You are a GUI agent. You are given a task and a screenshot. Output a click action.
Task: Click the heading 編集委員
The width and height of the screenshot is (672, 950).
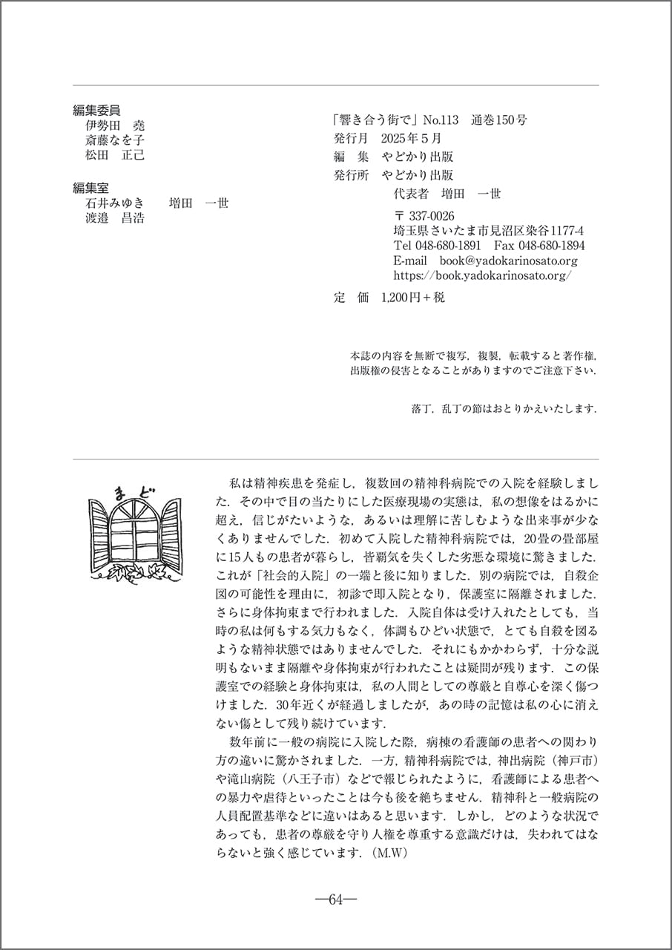(96, 110)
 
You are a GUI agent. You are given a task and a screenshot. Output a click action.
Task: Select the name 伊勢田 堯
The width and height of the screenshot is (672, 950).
(115, 125)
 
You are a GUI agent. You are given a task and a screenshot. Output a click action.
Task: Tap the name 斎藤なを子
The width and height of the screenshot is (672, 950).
(115, 140)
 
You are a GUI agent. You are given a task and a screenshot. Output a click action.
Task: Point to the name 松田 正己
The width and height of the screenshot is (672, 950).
(115, 155)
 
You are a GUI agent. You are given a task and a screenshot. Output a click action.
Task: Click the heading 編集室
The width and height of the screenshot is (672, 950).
(90, 189)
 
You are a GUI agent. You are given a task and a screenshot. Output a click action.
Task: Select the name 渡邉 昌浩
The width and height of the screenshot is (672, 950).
(115, 218)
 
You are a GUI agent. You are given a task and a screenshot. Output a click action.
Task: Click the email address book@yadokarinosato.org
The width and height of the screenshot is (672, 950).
(508, 261)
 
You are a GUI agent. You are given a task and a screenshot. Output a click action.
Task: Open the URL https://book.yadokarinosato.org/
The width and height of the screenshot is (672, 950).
(483, 275)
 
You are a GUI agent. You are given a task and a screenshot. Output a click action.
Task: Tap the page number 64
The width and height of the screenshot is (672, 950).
(336, 900)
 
